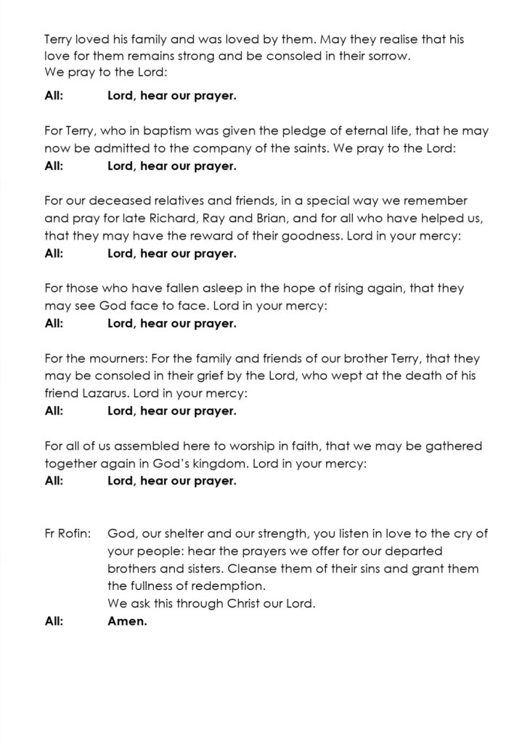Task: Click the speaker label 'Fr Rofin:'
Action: coord(68,534)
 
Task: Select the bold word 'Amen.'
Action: coord(127,621)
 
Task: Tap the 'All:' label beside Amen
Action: coord(54,621)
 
